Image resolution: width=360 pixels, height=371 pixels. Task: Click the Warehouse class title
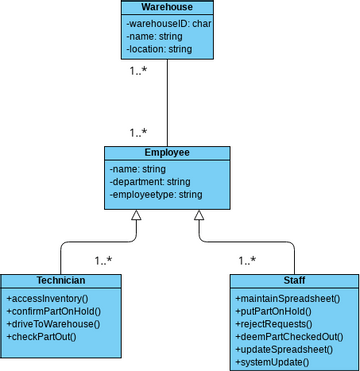[166, 7]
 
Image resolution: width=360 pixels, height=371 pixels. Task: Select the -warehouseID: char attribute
[166, 22]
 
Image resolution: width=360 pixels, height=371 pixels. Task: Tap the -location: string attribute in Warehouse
[160, 47]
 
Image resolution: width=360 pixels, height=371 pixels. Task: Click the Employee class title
[167, 153]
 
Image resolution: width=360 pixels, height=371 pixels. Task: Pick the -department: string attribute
[149, 182]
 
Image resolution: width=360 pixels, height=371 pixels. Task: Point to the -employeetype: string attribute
[158, 194]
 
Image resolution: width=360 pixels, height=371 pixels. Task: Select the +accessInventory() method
[47, 299]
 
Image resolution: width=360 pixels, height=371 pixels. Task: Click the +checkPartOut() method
[42, 337]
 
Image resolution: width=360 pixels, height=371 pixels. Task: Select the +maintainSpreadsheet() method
[288, 299]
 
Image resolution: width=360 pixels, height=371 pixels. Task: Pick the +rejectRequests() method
[274, 324]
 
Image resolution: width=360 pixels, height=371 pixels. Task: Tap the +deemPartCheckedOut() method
[289, 337]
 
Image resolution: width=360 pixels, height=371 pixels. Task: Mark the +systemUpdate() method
[273, 362]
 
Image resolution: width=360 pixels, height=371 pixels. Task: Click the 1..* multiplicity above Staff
[246, 261]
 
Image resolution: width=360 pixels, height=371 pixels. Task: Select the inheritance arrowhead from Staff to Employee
[199, 215]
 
